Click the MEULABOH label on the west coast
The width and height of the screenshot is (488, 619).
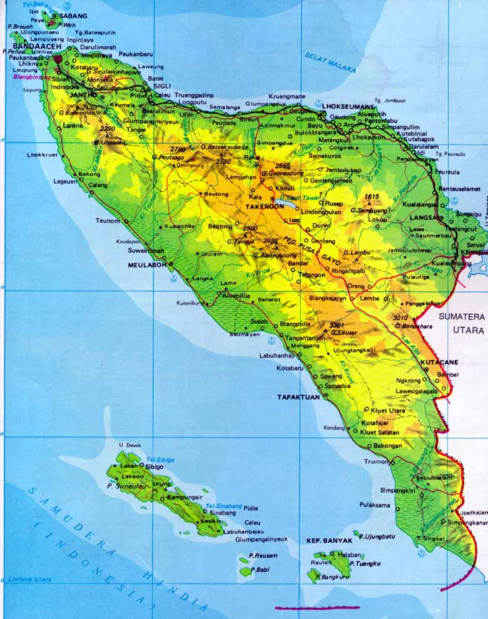(146, 264)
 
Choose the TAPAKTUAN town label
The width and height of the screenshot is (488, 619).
(298, 396)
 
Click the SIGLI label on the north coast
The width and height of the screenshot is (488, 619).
(162, 87)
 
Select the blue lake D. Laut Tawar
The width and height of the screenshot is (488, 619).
(290, 204)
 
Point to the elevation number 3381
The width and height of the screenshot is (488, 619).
(337, 325)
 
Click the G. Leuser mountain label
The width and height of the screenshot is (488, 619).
(344, 333)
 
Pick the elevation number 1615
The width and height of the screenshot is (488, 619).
(372, 196)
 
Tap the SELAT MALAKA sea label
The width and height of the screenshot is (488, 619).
(330, 63)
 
